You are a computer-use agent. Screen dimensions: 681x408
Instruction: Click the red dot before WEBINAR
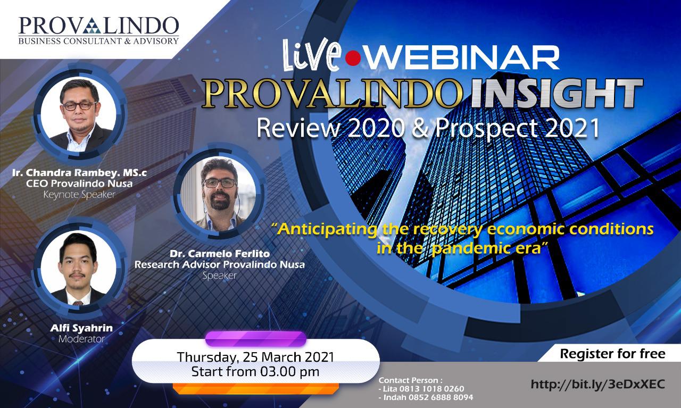point(353,59)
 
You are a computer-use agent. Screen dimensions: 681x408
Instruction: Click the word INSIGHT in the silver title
point(557,94)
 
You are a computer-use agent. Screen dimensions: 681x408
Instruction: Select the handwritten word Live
point(312,55)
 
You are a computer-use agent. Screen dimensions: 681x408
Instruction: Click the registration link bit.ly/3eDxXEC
point(597,384)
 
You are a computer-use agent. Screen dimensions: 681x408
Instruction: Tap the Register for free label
point(612,354)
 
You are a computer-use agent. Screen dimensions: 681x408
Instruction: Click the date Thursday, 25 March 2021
point(255,357)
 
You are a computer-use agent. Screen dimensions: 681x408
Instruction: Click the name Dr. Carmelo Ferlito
point(220,254)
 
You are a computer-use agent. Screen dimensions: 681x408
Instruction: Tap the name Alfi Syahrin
point(81,328)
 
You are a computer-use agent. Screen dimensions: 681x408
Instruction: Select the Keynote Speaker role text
point(79,195)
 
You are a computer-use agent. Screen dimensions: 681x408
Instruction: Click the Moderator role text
point(82,339)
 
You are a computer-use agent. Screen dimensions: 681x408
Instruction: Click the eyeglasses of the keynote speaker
point(79,106)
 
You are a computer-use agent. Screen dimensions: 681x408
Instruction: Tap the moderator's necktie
point(78,303)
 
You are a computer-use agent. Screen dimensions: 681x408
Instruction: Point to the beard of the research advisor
point(221,201)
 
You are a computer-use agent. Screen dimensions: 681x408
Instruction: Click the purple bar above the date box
point(256,339)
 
